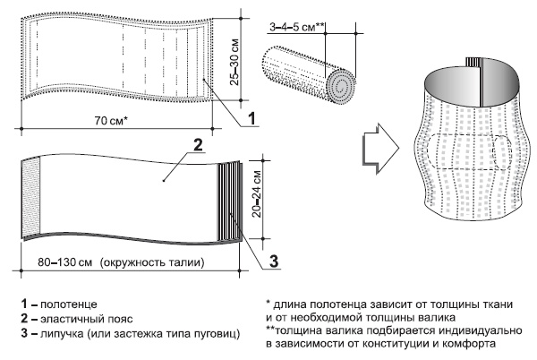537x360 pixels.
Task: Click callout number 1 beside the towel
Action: (x=252, y=117)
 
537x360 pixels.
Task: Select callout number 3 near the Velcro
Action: (x=276, y=260)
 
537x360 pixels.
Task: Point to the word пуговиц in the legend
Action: (x=216, y=335)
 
